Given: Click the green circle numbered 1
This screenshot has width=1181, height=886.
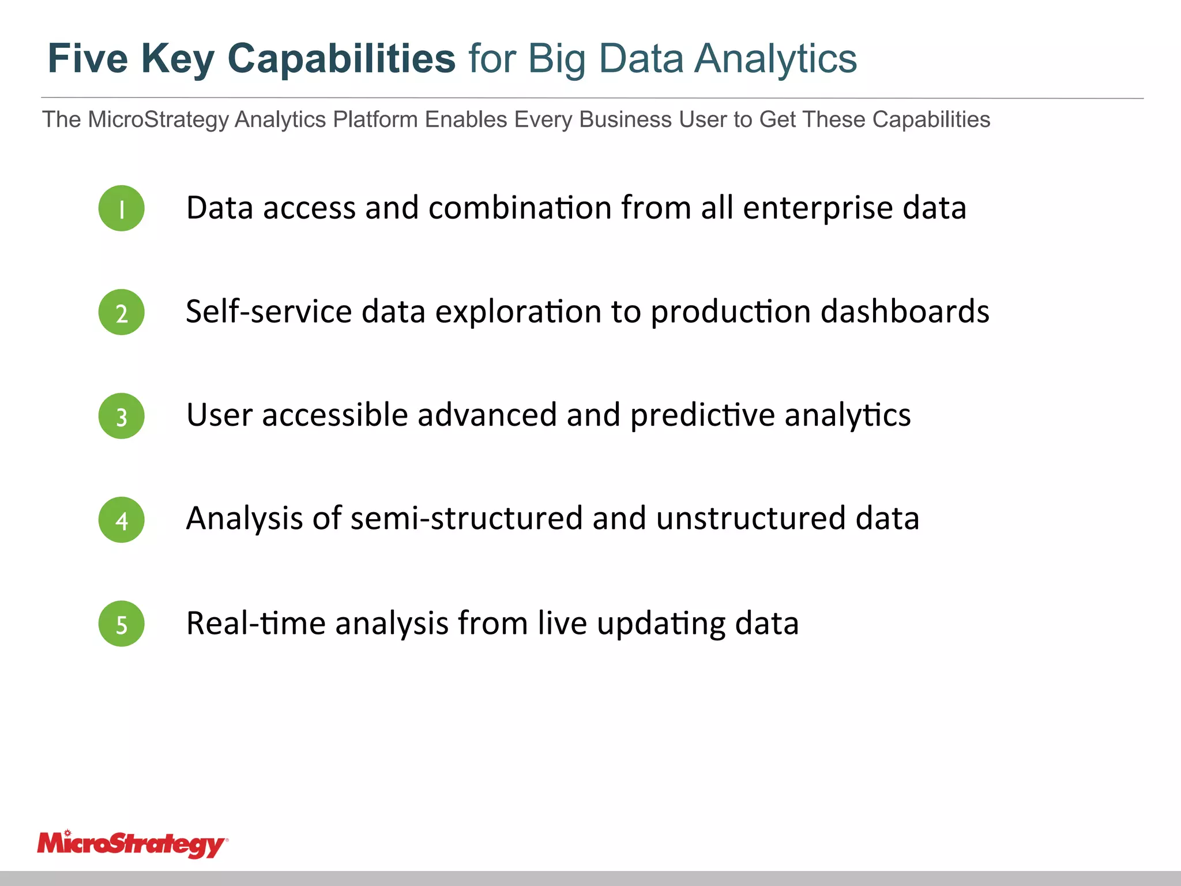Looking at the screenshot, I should [x=121, y=208].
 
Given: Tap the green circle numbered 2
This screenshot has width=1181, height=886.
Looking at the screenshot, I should [x=121, y=312].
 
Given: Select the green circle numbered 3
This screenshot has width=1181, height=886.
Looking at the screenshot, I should [x=121, y=416].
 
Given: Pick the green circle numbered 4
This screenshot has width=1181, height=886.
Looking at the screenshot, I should [x=121, y=520].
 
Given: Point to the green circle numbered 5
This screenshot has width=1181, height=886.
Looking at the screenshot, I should [x=121, y=624].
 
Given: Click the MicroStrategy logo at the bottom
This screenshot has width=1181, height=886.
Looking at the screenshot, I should [x=132, y=844].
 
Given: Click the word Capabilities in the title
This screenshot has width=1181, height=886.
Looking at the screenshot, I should [x=341, y=59].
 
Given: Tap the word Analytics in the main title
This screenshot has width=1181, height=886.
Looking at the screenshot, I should [x=775, y=59].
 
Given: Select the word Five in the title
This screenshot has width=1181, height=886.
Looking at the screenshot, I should [x=88, y=59].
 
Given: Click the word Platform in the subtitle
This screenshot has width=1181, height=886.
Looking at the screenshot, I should [x=375, y=119].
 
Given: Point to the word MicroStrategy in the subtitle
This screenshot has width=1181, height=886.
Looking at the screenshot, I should [x=159, y=119].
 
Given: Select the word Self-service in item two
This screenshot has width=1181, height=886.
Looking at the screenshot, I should [x=269, y=311].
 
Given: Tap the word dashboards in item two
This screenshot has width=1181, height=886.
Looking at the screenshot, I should [x=905, y=311].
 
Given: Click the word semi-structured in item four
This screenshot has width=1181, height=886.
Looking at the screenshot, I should [x=466, y=518].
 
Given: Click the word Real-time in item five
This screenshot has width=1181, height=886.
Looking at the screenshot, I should [x=255, y=623].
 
